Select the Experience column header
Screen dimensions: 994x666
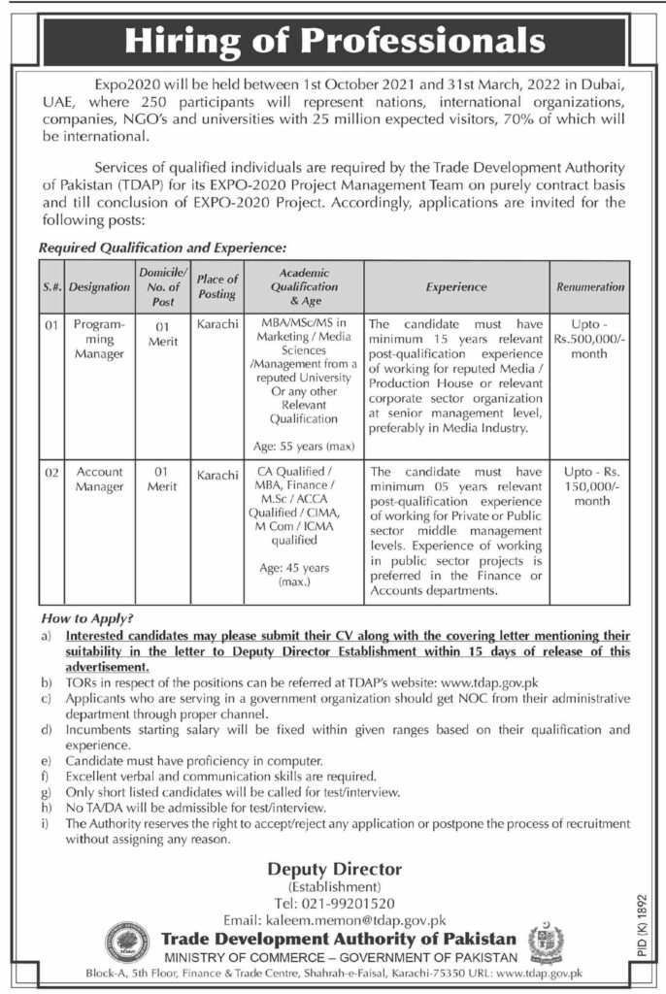(x=455, y=287)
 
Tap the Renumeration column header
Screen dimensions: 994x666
(x=590, y=287)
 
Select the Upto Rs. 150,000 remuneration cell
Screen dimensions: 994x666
(x=590, y=486)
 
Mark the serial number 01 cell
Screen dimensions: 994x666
(x=52, y=327)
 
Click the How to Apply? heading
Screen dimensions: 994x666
(x=87, y=617)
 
